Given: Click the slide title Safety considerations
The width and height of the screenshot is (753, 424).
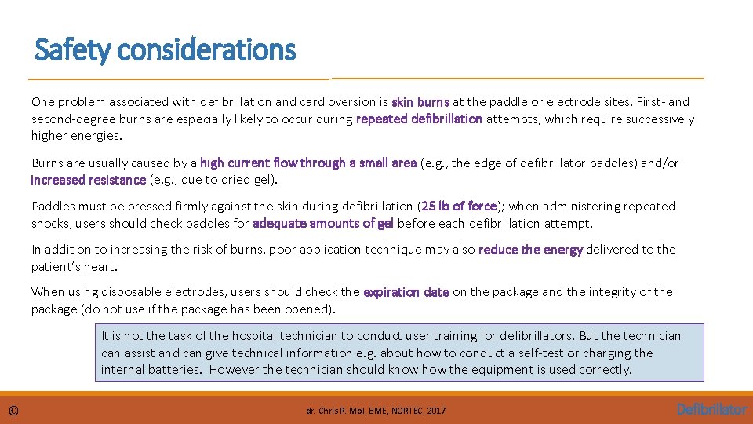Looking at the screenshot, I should [166, 50].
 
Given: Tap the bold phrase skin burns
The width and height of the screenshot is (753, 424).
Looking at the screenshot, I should [420, 102].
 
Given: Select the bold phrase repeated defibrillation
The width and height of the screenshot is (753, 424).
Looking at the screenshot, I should [419, 119].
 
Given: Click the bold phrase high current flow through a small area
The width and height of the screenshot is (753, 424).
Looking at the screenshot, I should [308, 163].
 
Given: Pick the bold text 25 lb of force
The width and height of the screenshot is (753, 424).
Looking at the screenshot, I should [459, 207].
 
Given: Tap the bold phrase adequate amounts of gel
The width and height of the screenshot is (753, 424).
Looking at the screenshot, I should [323, 223].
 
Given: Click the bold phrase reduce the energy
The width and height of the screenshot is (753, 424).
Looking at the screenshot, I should [530, 250].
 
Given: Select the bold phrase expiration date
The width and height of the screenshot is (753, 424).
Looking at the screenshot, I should [406, 292].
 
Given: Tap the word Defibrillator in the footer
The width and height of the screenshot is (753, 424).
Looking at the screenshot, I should [711, 409].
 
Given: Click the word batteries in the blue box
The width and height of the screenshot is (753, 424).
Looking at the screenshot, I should [176, 370].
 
